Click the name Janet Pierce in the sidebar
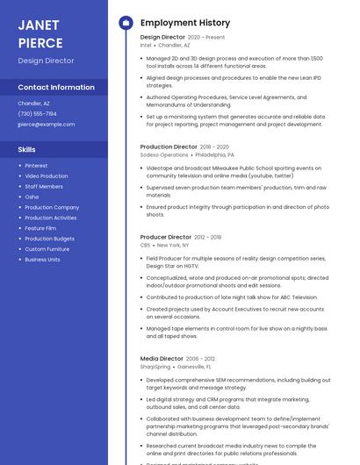coord(40,33)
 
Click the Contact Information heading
coord(56,88)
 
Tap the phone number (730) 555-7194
coord(37,113)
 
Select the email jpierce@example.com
coord(46,124)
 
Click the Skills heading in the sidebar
coord(26,149)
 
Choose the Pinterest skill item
coord(36,166)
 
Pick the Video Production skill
coord(46,176)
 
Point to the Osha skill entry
coord(32,197)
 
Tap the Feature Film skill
coord(40,228)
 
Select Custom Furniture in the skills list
coord(47,249)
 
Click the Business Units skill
coord(42,260)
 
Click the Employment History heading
coord(184,23)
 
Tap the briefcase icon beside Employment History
coord(126,23)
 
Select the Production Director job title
coord(169,147)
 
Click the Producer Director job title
coord(165,237)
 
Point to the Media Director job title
coord(162,359)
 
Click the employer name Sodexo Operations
coord(164,154)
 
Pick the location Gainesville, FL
coord(194,367)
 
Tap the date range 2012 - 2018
coord(208,237)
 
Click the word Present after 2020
coord(215,37)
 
